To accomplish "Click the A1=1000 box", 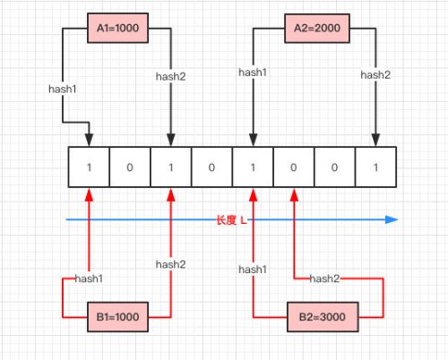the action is pos(117,28).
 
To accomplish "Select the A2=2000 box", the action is pos(317,29).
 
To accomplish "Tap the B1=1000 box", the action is pos(117,317).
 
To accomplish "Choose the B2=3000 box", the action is pos(323,317).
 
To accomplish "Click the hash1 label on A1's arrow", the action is pos(63,89).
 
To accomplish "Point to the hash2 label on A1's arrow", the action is pos(170,76).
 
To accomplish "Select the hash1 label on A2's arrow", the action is pos(253,73).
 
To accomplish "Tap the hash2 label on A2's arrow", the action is pos(375,74).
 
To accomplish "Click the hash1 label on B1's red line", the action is pos(89,279).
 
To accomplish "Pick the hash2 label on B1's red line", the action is pos(170,264).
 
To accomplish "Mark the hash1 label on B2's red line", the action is pos(253,270).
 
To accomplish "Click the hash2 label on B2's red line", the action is pos(324,279).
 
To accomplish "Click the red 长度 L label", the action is pos(231,220).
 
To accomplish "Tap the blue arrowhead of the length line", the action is pos(392,219).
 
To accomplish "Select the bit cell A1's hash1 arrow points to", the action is pos(89,167).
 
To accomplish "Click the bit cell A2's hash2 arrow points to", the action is pos(375,167).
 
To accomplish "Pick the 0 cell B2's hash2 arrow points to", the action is pos(294,167).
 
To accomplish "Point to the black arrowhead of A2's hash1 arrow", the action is pos(253,140).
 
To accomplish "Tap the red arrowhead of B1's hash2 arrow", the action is pos(171,194).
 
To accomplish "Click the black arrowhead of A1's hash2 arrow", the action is pos(171,140).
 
